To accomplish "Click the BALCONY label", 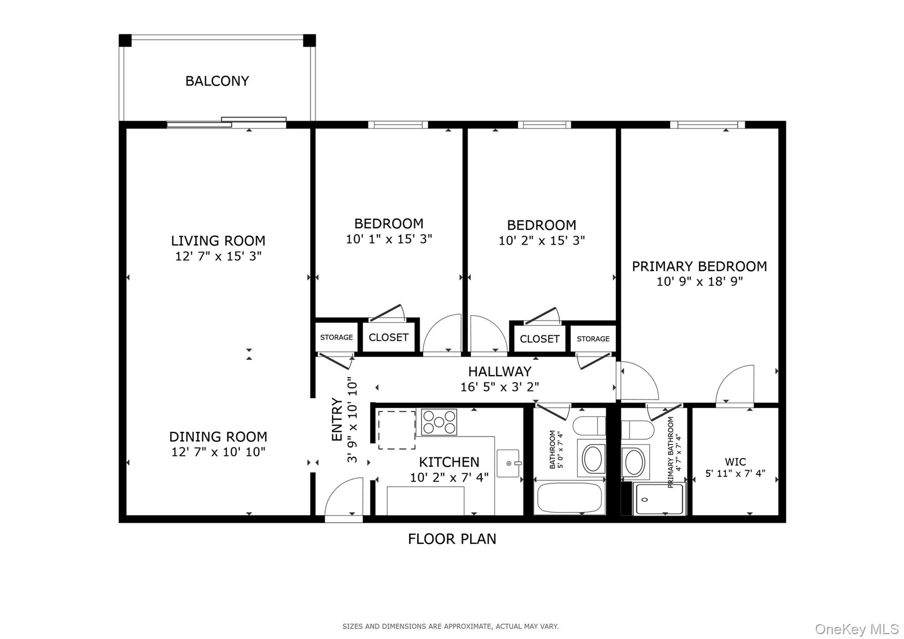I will pos(217,81).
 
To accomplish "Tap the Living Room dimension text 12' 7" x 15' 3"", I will pos(218,256).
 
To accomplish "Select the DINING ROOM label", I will pos(218,437).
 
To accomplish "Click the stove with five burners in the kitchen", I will pos(439,422).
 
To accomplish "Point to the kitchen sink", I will pos(508,463).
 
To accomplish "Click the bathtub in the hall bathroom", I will pos(569,498).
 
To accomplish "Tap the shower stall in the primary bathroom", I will pos(659,499).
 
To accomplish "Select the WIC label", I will pos(735,462).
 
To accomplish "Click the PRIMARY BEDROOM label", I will pos(699,267).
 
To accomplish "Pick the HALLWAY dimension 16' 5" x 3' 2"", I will pos(500,387).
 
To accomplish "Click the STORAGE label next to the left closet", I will pos(336,338).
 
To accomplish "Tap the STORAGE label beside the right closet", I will pos(593,339).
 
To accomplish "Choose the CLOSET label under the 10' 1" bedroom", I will pos(388,338).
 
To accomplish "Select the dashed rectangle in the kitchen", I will pos(396,430).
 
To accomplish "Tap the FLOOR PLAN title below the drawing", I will pos(452,539).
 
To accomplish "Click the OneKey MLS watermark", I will pos(857,629).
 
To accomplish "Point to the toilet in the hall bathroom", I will pos(589,426).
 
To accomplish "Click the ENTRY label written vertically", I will pos(337,420).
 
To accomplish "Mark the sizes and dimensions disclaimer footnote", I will pos(450,626).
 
